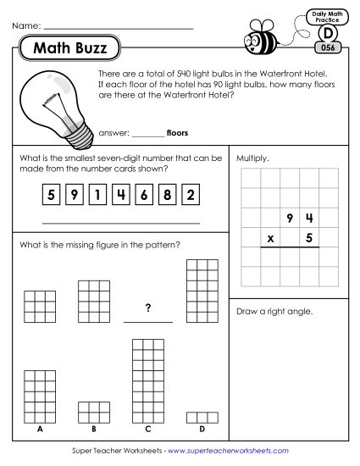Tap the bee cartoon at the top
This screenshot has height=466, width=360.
(x=262, y=38)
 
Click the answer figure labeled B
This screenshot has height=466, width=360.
(x=92, y=411)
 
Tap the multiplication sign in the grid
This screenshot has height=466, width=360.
(x=270, y=239)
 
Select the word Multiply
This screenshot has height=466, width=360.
(x=252, y=158)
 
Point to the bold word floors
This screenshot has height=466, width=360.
(x=178, y=133)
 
